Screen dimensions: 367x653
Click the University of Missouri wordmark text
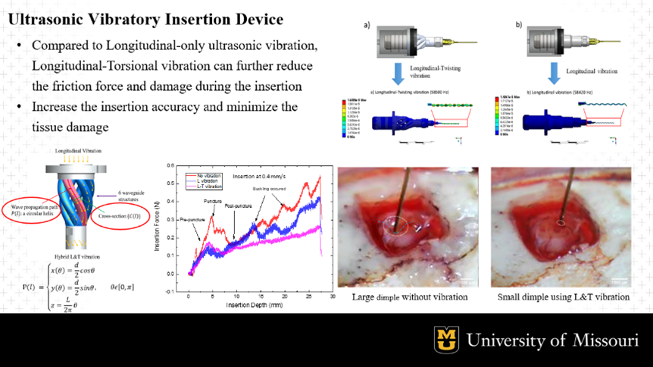tap(552, 340)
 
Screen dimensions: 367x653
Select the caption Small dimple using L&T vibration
tap(563, 296)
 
